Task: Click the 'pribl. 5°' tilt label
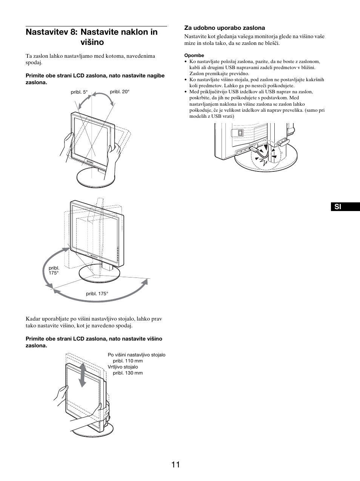(79, 92)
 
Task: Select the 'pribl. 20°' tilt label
(120, 91)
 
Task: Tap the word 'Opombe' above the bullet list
(194, 55)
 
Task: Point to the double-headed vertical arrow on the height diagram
(82, 375)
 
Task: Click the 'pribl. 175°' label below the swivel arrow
(97, 293)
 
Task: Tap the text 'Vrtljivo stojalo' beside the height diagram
(123, 367)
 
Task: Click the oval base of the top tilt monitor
(96, 178)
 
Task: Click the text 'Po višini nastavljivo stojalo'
(136, 355)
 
